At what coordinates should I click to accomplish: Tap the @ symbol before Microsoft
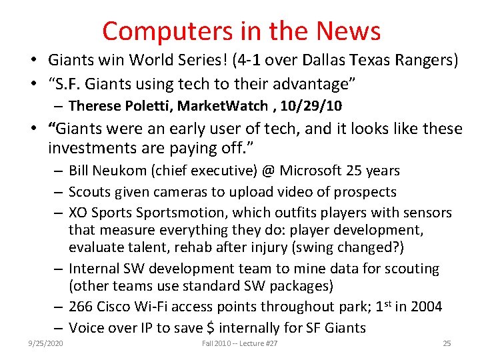[268, 171]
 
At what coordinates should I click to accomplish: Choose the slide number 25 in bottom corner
[447, 343]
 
